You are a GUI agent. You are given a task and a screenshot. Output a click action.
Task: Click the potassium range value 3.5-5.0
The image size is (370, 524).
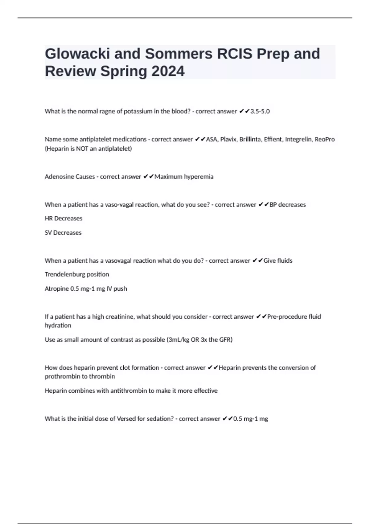click(x=260, y=111)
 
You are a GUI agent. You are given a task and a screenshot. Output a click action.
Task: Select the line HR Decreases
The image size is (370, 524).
click(x=64, y=218)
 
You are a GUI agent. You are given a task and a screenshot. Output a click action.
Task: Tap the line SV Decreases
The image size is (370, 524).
click(x=63, y=233)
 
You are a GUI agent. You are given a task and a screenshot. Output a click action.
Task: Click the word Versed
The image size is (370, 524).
click(x=125, y=419)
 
